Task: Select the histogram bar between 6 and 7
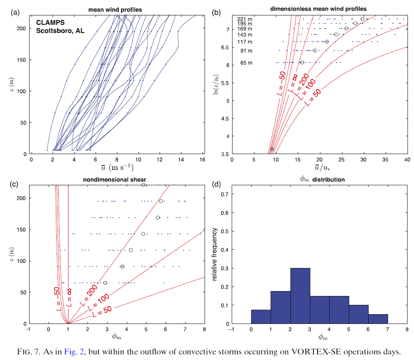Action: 378,319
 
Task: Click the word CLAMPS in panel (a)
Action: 49,22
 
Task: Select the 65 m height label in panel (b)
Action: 246,63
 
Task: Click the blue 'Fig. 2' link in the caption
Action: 73,351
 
